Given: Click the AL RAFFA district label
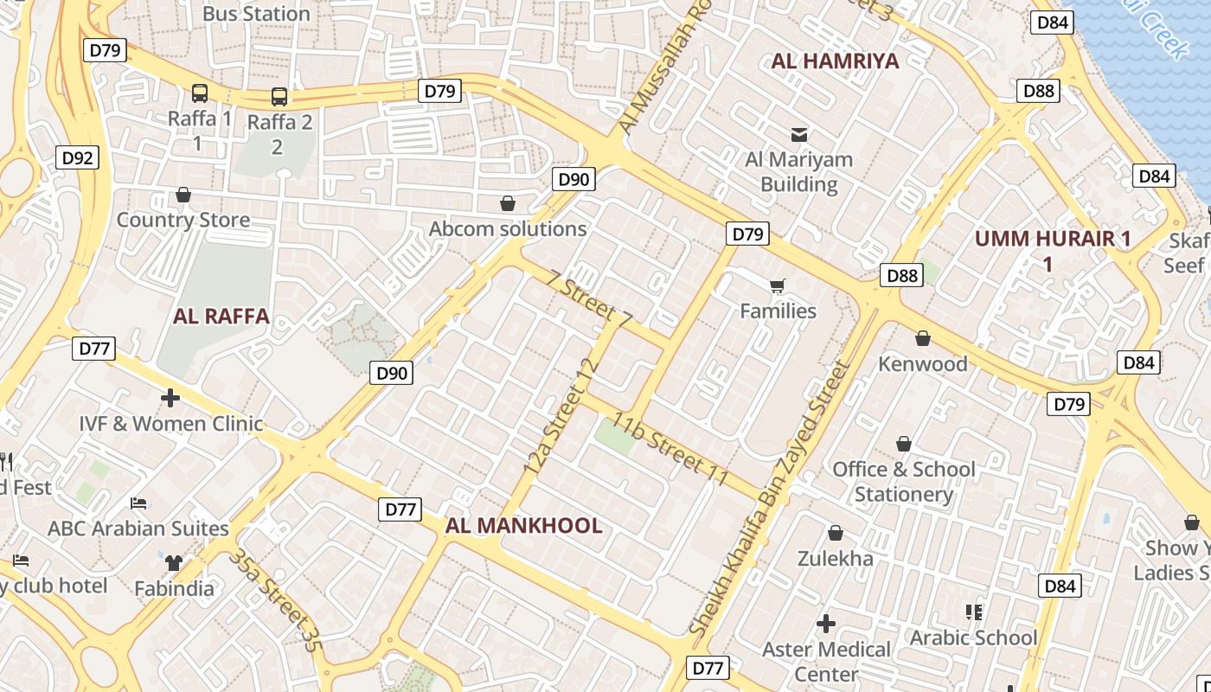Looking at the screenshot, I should point(221,317).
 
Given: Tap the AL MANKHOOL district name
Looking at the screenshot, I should point(523,526).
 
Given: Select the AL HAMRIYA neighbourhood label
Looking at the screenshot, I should point(835,61).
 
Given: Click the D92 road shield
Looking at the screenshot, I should point(78,158).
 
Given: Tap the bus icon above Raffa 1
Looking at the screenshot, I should point(200,93).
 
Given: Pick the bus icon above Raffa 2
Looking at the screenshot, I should point(279,96).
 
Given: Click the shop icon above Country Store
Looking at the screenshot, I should point(183,195).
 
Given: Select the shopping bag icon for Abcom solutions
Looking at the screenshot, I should point(508,204).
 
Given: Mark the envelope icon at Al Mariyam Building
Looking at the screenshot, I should point(798,135).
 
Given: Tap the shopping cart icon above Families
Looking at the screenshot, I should point(778,285).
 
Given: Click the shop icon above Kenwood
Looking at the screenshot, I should point(923,338).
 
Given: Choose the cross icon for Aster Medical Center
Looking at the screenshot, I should point(826,623).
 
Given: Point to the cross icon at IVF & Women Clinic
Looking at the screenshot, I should point(170,398).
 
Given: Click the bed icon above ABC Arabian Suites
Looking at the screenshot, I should point(138,503).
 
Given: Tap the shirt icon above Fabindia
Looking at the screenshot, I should point(174,563).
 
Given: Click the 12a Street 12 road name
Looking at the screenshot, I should point(561,415).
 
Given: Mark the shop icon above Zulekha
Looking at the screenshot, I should point(836,533).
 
